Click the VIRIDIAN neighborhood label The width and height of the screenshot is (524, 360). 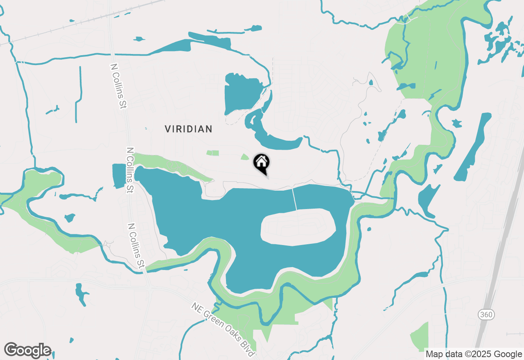point(188,129)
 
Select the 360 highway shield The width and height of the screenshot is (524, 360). point(486,315)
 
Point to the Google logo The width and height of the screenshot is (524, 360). point(27,350)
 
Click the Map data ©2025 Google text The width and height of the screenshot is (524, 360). point(474,354)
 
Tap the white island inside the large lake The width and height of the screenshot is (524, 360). point(298,227)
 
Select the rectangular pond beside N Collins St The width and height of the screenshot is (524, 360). point(119,176)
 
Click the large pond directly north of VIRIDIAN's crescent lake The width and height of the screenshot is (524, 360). point(242,92)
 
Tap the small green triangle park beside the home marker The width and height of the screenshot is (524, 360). point(245,157)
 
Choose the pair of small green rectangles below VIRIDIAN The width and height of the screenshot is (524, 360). point(212,153)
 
